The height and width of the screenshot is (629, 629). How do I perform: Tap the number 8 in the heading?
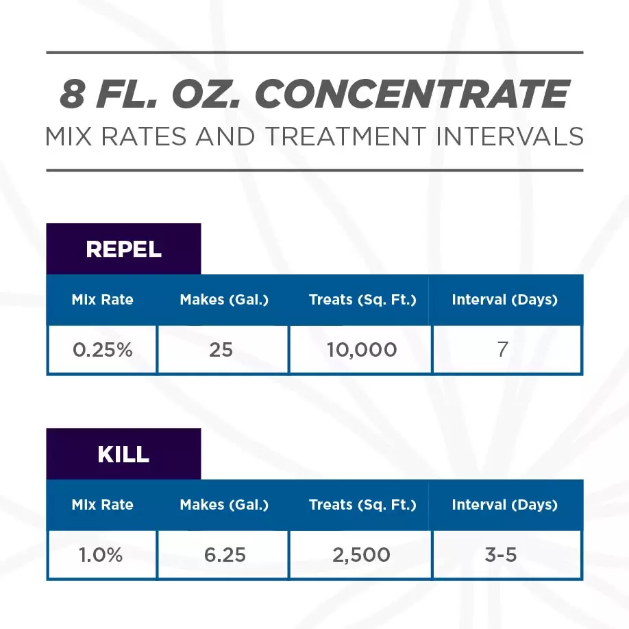(73, 95)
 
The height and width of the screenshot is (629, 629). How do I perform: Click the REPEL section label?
(123, 250)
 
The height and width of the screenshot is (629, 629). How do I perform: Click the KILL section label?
(123, 455)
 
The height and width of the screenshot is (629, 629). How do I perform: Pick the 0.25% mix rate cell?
(102, 350)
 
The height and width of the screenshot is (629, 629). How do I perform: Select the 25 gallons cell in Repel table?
(221, 350)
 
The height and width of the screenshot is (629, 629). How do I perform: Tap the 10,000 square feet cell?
(360, 350)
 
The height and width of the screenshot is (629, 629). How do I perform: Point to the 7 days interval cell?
(504, 350)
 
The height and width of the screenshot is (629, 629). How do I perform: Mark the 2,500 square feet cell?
(360, 555)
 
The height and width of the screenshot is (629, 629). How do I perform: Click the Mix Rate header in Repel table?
(102, 300)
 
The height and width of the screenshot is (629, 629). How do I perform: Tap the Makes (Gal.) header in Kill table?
(224, 505)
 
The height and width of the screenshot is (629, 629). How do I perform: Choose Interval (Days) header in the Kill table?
(504, 505)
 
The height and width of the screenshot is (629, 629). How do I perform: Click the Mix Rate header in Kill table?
(102, 505)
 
